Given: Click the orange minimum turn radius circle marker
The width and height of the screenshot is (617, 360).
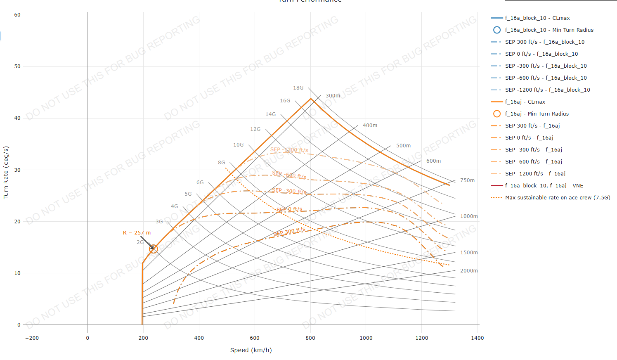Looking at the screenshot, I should click(x=154, y=249).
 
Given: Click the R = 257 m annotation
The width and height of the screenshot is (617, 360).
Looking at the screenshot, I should click(x=137, y=233).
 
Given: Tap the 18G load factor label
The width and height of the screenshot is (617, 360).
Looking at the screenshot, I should click(x=298, y=88).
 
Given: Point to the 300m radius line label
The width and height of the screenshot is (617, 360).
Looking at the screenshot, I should click(x=333, y=96).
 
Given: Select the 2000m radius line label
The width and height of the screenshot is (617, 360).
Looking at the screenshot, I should click(x=469, y=271).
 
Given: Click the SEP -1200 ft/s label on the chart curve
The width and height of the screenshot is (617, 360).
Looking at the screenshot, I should click(x=289, y=150).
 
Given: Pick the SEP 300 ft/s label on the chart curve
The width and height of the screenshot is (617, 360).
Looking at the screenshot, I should click(x=289, y=232).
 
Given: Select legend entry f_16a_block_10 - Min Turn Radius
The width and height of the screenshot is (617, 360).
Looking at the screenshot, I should click(x=549, y=30).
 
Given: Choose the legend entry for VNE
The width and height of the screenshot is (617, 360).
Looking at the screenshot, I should click(x=544, y=186).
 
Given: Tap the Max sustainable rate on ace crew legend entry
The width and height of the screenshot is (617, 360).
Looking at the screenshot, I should click(x=557, y=198).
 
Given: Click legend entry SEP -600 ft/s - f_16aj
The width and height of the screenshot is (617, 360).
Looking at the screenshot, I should click(x=533, y=162).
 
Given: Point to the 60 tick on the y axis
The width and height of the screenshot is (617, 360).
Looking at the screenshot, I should click(x=17, y=15).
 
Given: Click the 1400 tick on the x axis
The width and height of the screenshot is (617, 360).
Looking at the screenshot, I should click(x=477, y=338).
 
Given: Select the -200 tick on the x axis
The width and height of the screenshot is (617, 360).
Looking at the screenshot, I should click(x=32, y=338).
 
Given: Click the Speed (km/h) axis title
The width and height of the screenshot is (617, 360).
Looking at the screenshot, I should click(x=251, y=350).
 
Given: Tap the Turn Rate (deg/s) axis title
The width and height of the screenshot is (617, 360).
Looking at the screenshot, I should click(x=6, y=173).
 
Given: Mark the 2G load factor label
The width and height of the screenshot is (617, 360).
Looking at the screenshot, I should click(x=140, y=242).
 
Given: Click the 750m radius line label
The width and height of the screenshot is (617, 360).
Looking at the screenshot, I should click(x=467, y=180).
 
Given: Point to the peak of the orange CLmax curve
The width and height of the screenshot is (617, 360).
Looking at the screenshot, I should click(x=311, y=99).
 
